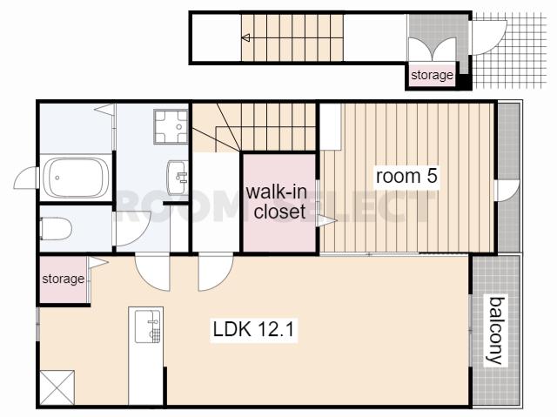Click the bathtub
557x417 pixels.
click(76, 178)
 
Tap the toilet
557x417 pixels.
click(56, 228)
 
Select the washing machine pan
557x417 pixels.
click(171, 127)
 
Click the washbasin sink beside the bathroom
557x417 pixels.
click(178, 178)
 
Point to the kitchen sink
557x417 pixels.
click(147, 326)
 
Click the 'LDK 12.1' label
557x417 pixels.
click(253, 329)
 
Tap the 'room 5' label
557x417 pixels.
click(406, 176)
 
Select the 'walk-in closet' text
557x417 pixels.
click(277, 202)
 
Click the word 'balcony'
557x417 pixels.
click(496, 330)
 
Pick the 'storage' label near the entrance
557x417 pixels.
click(432, 75)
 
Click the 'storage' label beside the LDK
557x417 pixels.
click(64, 279)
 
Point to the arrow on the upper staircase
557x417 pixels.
click(245, 37)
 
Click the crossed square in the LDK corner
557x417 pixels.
click(57, 387)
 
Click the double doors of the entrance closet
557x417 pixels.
click(432, 50)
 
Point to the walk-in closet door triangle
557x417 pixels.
click(326, 220)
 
